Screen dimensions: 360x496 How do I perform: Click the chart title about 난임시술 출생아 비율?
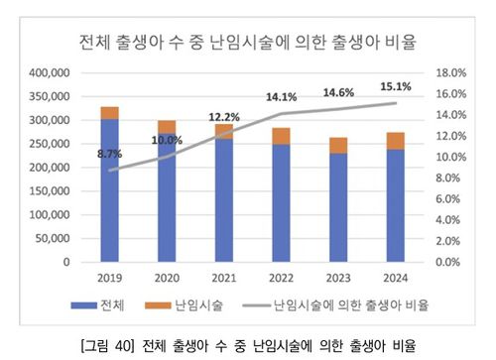(x=247, y=42)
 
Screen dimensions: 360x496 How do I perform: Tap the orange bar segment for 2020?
(x=168, y=126)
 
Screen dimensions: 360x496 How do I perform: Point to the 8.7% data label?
(x=110, y=155)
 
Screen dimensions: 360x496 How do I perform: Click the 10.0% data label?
(x=168, y=140)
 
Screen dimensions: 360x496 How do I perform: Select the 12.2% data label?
(x=225, y=117)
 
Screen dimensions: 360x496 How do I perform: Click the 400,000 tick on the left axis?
(x=50, y=73)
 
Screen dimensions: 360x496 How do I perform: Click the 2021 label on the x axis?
(x=225, y=280)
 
